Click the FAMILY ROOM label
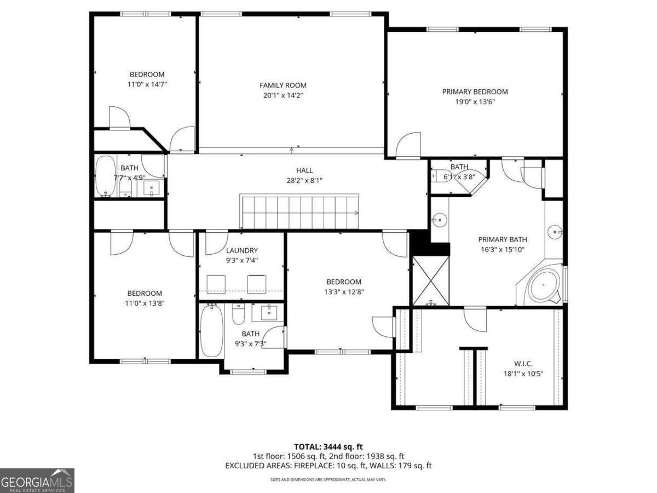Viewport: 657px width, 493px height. [283, 85]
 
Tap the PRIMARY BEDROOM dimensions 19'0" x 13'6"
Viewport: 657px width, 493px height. [475, 101]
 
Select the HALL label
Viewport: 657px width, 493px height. [305, 170]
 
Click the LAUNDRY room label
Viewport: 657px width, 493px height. [241, 250]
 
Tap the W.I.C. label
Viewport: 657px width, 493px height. [523, 364]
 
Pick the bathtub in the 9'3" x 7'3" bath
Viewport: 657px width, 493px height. [211, 331]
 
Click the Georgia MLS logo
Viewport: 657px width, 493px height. [37, 480]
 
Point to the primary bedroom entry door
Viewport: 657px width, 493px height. [408, 145]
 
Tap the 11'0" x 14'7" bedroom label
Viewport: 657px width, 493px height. [146, 74]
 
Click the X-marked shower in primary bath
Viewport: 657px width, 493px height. [430, 280]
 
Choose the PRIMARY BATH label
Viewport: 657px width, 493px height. [502, 239]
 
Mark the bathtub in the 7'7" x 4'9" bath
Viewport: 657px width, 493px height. [105, 176]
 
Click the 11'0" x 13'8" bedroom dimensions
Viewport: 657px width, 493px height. [145, 303]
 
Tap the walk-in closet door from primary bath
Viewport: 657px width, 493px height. [475, 317]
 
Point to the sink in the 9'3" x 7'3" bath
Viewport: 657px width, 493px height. [268, 313]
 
